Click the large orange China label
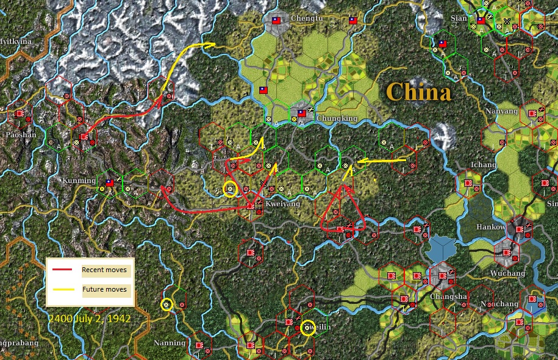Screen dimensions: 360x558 [418, 92]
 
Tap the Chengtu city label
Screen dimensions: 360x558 [306, 19]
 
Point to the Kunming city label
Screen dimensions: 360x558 [79, 181]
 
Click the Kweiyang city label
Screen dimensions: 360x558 [282, 203]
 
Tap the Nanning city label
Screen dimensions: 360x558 [170, 342]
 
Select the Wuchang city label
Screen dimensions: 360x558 [507, 273]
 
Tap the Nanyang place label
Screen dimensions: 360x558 [502, 112]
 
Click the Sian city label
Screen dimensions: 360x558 [458, 18]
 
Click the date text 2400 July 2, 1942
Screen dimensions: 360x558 [90, 318]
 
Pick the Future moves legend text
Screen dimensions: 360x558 [105, 289]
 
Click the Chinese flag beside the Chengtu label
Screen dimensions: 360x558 [276, 20]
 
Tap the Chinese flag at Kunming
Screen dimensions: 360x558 [110, 182]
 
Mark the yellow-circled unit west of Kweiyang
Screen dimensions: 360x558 [230, 189]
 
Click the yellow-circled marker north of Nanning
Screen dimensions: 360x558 [166, 304]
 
